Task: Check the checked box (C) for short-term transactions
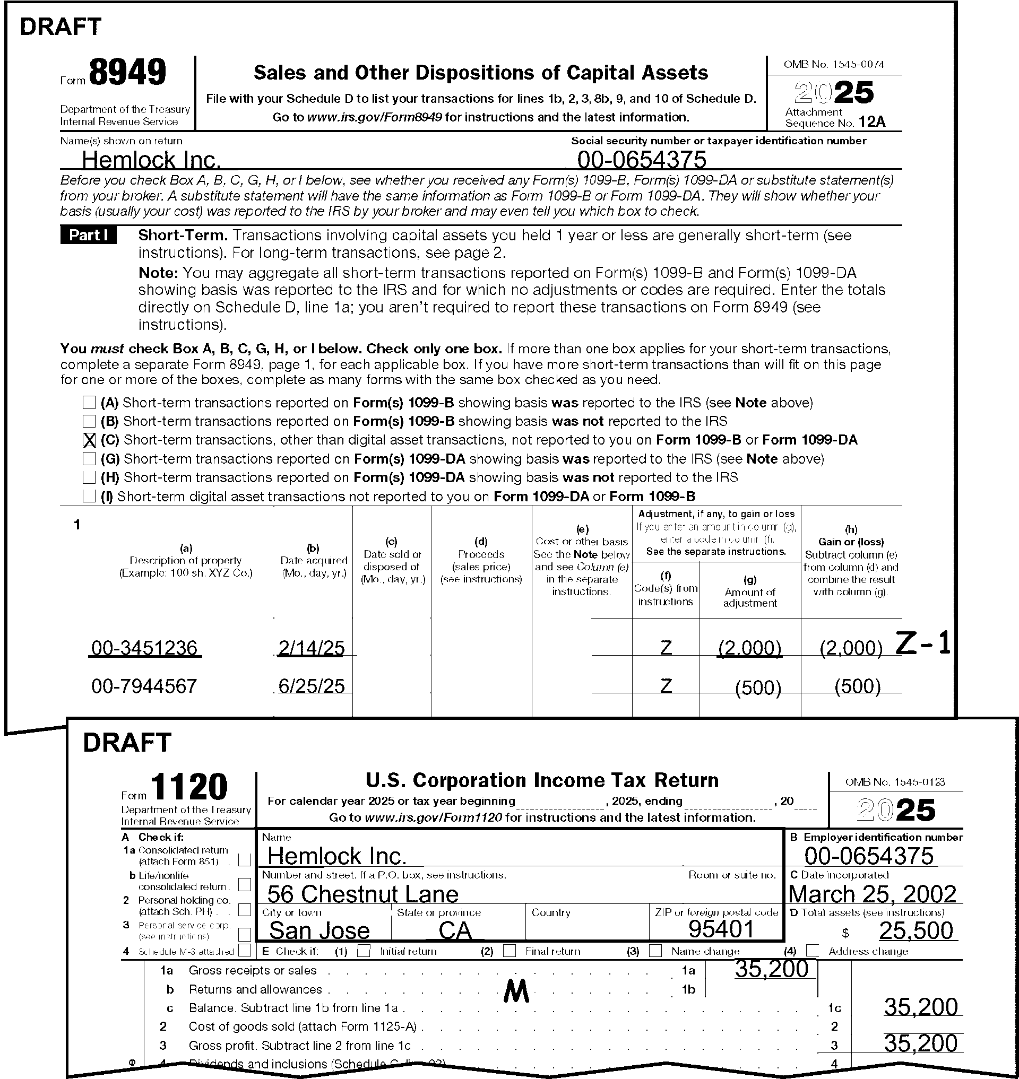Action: pos(89,440)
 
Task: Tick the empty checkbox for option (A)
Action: pos(89,403)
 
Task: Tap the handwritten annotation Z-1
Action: pos(923,643)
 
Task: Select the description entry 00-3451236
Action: pos(144,648)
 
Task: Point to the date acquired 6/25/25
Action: pos(311,686)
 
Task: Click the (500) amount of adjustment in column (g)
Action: pos(758,688)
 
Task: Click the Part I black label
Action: pos(88,235)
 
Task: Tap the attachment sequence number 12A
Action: pos(873,121)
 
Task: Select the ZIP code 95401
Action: pos(721,929)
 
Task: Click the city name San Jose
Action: pos(319,930)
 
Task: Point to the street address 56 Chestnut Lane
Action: pos(363,894)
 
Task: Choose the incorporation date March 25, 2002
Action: pos(873,894)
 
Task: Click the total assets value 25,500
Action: pos(916,931)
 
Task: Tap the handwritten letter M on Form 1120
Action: pos(516,991)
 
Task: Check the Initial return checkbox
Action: pos(364,951)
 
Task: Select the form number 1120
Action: pos(189,787)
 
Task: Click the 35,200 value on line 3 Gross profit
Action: pos(921,1043)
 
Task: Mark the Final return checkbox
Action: pos(509,951)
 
